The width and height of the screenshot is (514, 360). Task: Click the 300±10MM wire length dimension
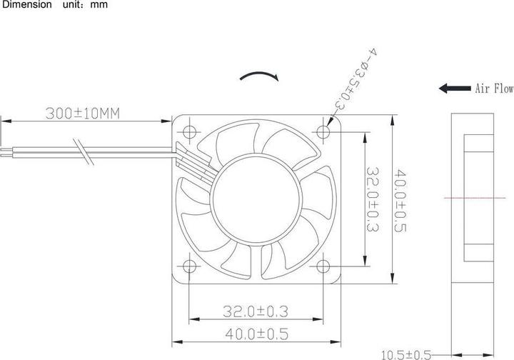[x=81, y=113]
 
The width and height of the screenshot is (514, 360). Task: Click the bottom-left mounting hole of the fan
[x=190, y=266]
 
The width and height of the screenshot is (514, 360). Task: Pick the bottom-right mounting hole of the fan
[x=325, y=266]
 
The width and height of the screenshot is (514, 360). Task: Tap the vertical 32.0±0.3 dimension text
[x=372, y=199]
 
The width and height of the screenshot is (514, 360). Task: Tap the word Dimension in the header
[x=26, y=5]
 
